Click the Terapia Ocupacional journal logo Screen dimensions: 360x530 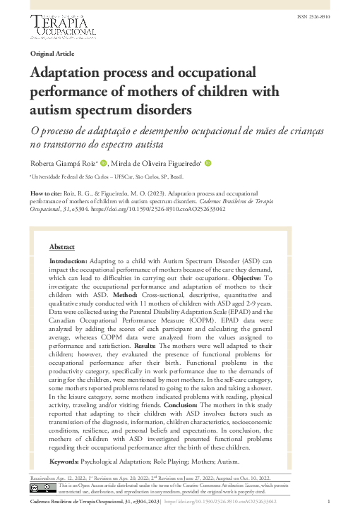64,27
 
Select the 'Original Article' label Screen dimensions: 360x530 52,54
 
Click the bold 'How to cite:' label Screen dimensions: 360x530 47,193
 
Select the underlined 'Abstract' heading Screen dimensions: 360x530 62,247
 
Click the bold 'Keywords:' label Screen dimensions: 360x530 64,462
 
